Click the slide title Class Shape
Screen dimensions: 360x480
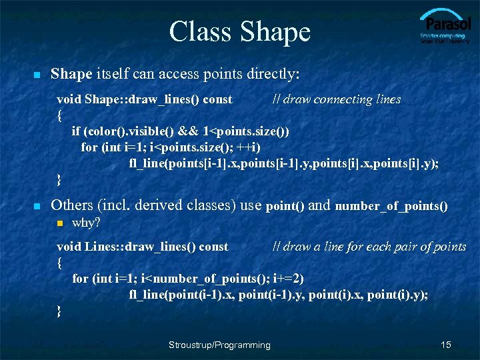coord(239,31)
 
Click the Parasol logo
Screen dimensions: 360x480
coord(445,27)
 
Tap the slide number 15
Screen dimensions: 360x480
coord(446,345)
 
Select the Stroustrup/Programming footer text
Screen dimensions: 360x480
coord(219,345)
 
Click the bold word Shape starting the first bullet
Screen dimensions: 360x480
coord(71,73)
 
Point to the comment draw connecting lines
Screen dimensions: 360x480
coord(337,99)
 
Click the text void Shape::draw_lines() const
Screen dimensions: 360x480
coord(145,99)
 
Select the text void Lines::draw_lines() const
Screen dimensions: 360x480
coord(143,247)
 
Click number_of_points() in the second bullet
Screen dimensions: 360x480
coord(391,206)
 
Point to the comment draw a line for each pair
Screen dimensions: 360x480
coord(369,247)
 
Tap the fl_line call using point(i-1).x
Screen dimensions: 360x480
coord(279,294)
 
